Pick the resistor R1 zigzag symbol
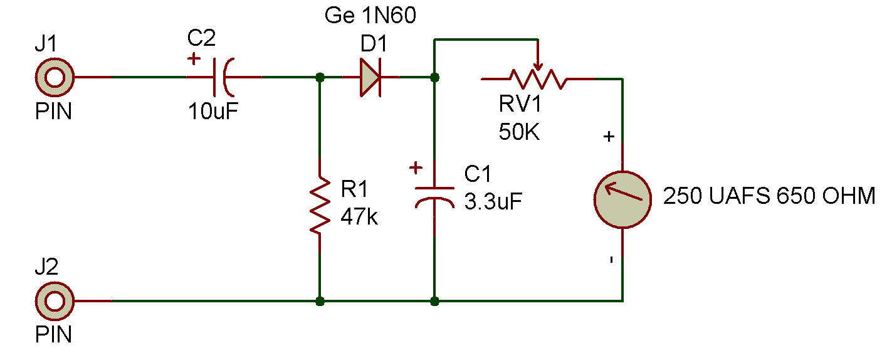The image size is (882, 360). (x=320, y=205)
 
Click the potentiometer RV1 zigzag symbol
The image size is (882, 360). (x=538, y=79)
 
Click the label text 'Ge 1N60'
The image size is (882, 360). (x=370, y=16)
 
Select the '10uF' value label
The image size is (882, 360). (x=213, y=111)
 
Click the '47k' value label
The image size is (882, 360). (x=359, y=216)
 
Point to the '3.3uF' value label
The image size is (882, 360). (x=493, y=201)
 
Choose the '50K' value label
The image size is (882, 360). (x=519, y=132)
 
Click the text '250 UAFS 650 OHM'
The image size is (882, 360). (x=769, y=196)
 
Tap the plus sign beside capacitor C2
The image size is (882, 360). (x=194, y=60)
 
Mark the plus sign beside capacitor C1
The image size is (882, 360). (x=416, y=168)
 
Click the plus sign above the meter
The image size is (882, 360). (x=609, y=137)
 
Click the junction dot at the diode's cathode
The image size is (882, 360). (x=434, y=78)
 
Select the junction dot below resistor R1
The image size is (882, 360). (x=320, y=302)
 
